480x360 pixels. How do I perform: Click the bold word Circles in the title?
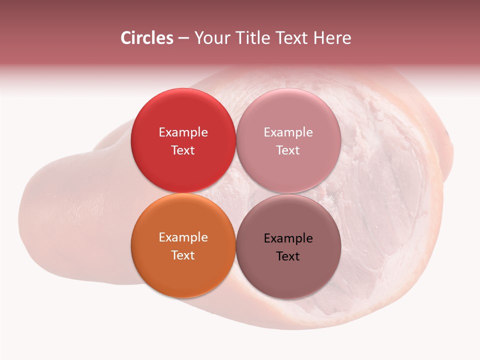point(147,38)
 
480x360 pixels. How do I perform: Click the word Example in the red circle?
point(183,132)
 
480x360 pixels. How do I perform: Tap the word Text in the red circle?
point(183,150)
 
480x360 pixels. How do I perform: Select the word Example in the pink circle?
point(288,132)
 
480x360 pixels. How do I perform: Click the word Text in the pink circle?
point(288,150)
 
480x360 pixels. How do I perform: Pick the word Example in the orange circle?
point(183,237)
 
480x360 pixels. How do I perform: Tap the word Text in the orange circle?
point(183,255)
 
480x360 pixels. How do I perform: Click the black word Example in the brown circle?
point(288,238)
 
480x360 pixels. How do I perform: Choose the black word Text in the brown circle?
point(288,256)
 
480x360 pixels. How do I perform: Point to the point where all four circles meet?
point(235,193)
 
